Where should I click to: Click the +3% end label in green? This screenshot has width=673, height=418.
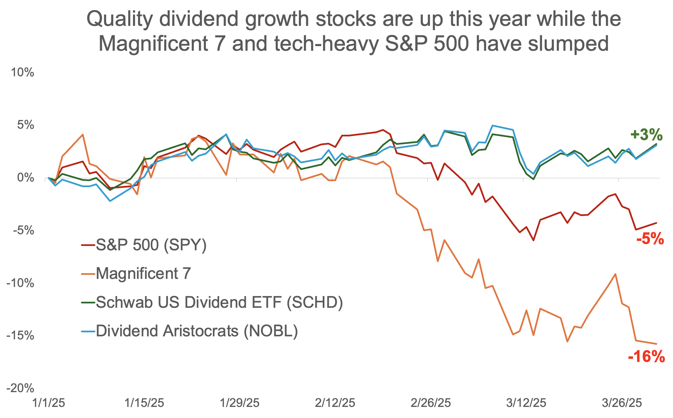[646, 135]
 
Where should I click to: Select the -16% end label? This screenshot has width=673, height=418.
[646, 357]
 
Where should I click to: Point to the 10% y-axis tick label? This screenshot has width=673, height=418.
[23, 73]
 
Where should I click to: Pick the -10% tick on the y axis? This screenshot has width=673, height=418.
[20, 283]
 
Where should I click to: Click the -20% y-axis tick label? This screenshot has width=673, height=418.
[20, 388]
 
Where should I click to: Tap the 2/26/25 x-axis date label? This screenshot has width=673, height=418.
[430, 403]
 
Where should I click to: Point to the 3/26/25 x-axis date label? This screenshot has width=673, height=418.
[622, 403]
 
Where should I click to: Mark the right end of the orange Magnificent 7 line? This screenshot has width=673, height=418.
[656, 344]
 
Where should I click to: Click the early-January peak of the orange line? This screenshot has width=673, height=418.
[83, 134]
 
